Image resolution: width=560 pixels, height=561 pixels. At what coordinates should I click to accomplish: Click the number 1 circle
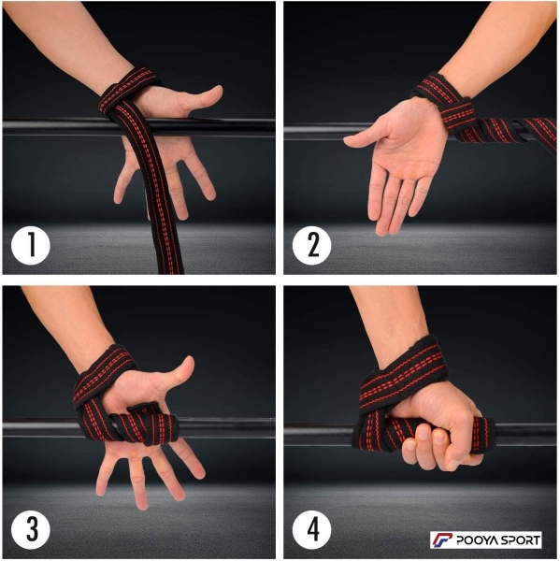click(31, 245)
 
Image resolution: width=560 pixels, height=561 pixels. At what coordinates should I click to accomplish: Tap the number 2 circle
click(311, 245)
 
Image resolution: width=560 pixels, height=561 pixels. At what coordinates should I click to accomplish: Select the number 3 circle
click(31, 529)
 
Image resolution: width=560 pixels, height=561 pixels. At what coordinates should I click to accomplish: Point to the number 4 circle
click(311, 529)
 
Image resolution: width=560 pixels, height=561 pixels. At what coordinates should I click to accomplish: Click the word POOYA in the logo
click(473, 539)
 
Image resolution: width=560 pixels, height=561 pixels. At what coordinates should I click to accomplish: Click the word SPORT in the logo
click(516, 539)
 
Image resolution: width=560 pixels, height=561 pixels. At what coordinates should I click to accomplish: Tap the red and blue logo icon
click(442, 539)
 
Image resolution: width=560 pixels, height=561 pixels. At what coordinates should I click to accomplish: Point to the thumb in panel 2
click(365, 137)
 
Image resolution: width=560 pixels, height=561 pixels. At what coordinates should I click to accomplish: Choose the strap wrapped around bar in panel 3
click(143, 424)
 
